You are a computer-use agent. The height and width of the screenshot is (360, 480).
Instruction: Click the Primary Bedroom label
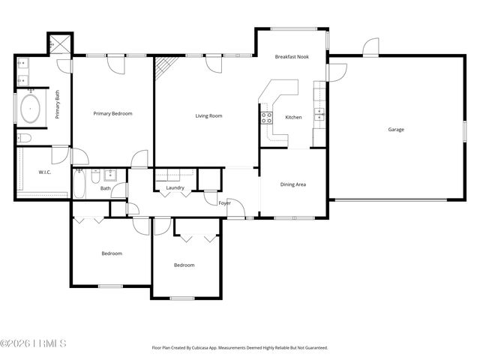(112, 113)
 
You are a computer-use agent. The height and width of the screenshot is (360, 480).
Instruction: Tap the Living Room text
(209, 115)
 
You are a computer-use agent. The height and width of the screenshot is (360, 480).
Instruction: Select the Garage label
(396, 130)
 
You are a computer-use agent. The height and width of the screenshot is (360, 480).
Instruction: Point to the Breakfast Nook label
(291, 57)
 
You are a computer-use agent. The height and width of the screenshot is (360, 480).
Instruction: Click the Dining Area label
(292, 184)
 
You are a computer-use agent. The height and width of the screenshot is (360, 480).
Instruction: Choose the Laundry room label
(175, 187)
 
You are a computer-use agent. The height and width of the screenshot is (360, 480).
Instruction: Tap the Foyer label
(224, 203)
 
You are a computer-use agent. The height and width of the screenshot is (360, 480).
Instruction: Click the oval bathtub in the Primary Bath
(30, 108)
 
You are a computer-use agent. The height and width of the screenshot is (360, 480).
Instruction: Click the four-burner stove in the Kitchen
(265, 116)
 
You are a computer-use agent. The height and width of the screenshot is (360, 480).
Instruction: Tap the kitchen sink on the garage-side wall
(319, 114)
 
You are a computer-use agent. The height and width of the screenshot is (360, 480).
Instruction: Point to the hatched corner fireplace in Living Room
(163, 69)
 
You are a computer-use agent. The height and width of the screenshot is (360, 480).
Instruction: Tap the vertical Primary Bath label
(57, 105)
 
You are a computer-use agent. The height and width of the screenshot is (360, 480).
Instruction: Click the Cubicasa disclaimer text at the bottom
(239, 347)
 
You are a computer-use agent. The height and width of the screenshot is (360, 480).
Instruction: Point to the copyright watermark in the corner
(34, 343)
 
